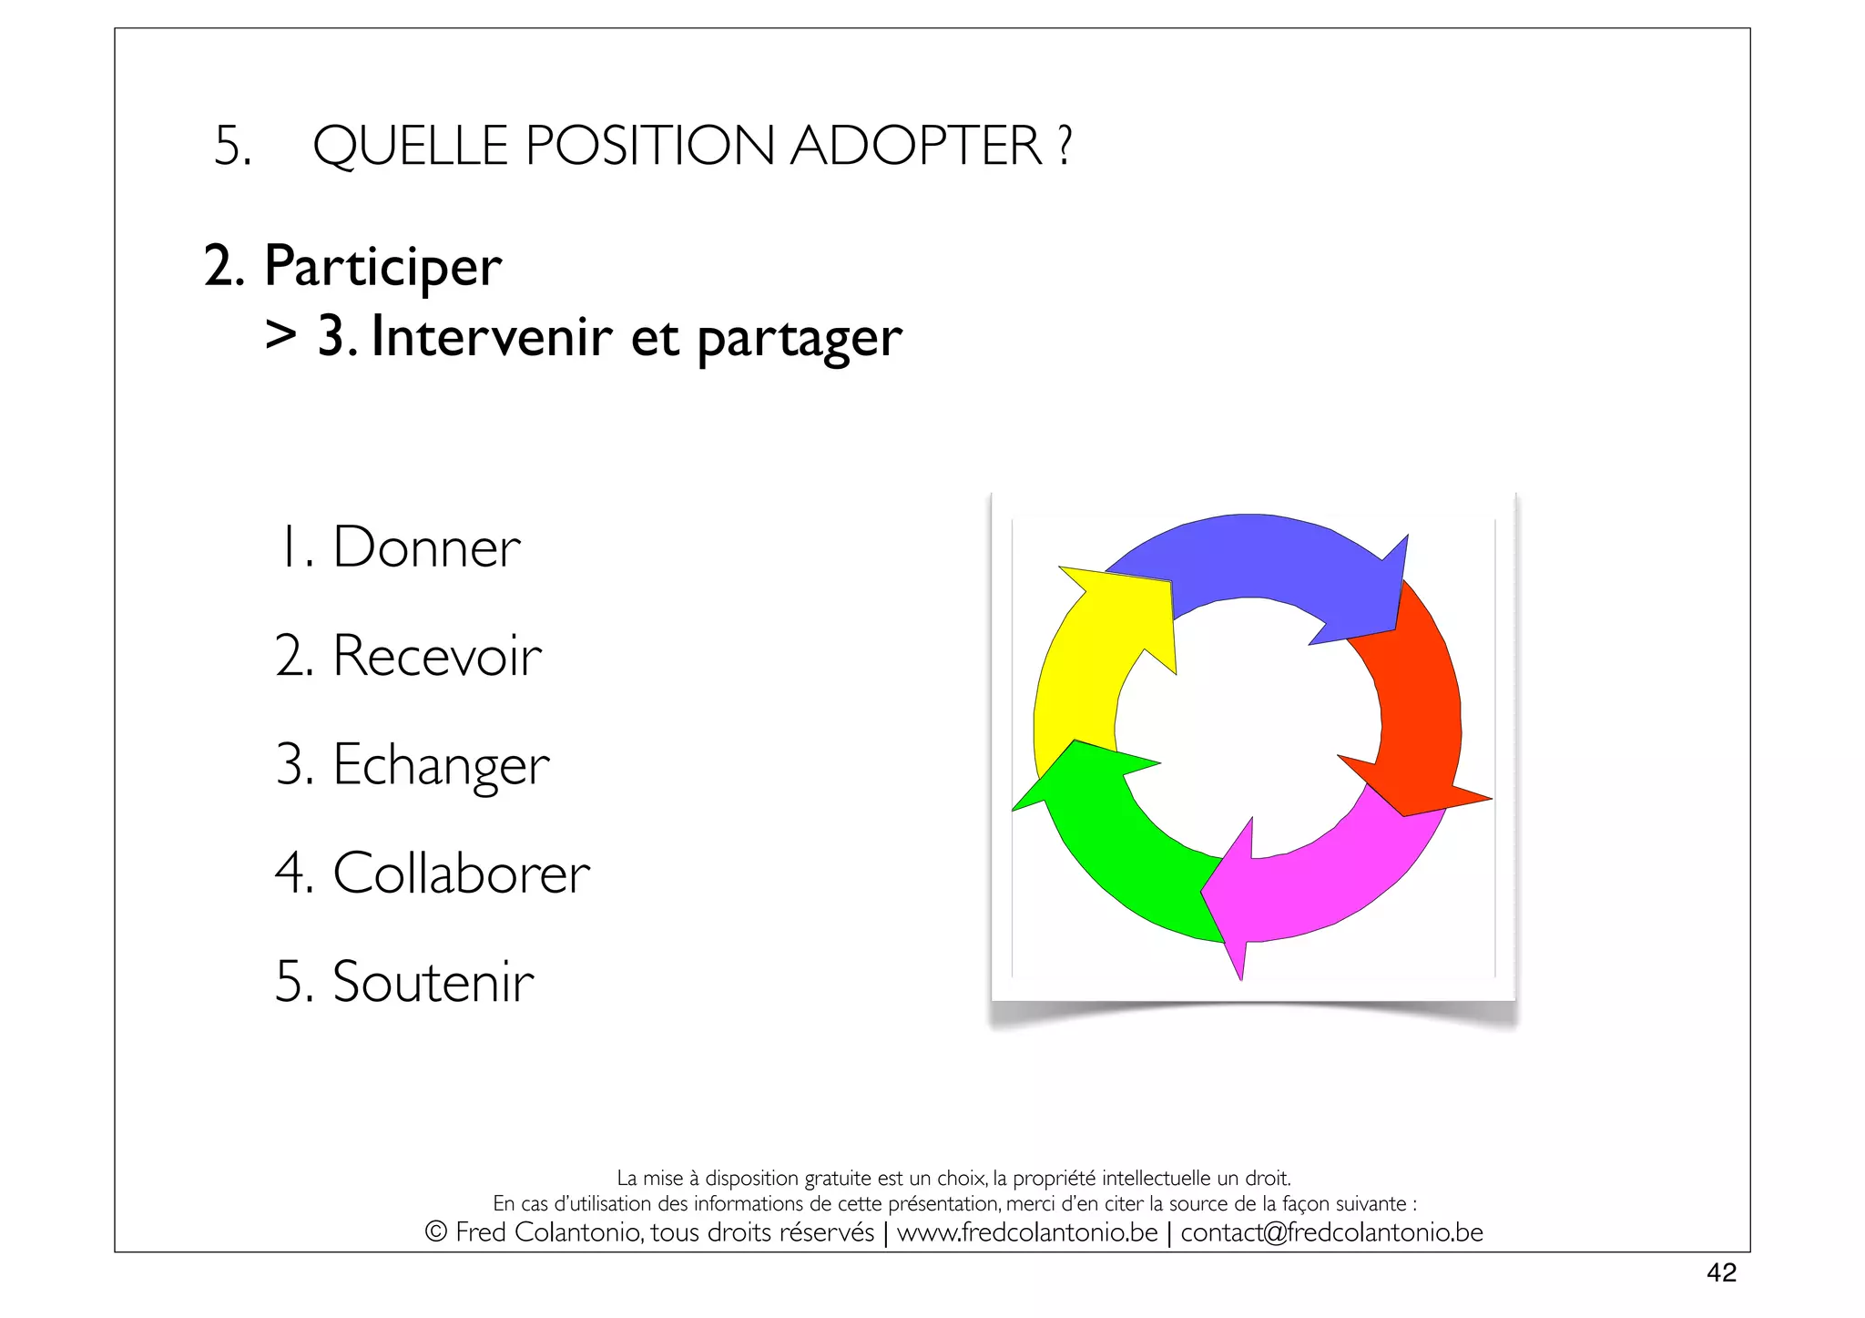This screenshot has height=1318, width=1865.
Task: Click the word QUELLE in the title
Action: [410, 146]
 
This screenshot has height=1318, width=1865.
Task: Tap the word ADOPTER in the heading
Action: [916, 146]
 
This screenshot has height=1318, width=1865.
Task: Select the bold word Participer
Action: [382, 268]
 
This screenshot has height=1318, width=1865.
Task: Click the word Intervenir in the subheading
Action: [492, 337]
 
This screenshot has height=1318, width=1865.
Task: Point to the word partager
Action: [800, 339]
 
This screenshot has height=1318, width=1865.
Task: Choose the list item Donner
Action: [426, 547]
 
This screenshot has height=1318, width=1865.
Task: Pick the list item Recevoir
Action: [437, 656]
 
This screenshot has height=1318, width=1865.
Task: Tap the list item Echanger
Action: [441, 765]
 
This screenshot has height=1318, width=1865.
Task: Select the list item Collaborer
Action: [461, 874]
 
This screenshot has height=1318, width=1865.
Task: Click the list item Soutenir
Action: [433, 982]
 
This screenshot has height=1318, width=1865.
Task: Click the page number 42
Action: [1721, 1272]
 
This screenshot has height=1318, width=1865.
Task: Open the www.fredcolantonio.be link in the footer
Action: [1027, 1232]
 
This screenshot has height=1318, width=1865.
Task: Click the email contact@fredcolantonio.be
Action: [1331, 1232]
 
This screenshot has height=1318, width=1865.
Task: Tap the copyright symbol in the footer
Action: [436, 1232]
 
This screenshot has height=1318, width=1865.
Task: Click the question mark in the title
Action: [1065, 146]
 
